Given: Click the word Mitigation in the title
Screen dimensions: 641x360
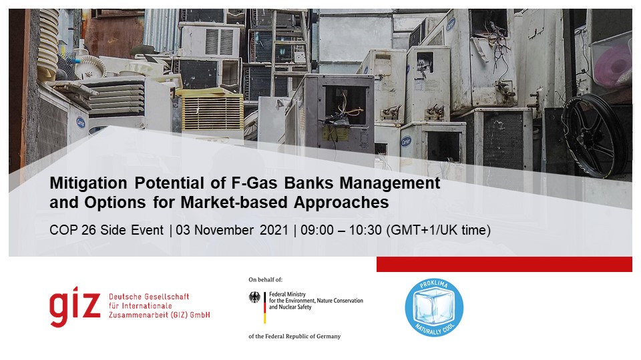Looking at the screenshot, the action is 88,183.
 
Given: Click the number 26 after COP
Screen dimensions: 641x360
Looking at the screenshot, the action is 88,230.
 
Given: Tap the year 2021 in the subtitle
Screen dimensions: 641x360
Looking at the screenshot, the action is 274,230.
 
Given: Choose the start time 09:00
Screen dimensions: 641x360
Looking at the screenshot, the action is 316,230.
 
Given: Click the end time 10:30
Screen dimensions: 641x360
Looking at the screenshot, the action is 365,230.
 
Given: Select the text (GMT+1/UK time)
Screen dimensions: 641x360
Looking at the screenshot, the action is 438,231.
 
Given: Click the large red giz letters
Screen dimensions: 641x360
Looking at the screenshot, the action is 75,307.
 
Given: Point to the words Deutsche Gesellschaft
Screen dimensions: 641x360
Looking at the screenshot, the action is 149,297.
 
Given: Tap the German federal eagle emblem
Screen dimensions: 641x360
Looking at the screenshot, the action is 254,297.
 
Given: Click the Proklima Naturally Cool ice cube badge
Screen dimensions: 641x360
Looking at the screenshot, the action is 434,308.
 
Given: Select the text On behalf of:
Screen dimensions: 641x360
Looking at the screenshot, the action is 265,279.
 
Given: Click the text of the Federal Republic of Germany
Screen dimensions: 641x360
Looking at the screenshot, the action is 294,336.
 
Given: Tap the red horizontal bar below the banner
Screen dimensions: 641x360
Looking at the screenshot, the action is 504,264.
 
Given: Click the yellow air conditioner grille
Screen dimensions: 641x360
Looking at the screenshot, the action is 212,113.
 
